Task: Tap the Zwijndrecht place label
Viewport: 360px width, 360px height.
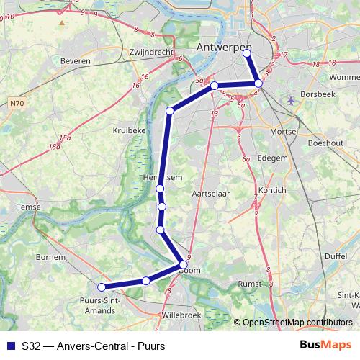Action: (x=153, y=53)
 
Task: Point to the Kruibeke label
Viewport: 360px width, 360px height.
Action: (x=130, y=130)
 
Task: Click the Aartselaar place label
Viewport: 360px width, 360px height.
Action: (x=211, y=194)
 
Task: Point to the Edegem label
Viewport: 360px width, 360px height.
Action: (x=273, y=157)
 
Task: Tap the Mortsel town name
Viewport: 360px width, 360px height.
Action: (x=281, y=132)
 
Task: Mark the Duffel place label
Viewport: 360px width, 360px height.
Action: (x=335, y=256)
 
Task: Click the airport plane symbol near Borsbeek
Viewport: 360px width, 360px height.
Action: (x=290, y=99)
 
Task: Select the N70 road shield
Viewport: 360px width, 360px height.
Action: (x=18, y=104)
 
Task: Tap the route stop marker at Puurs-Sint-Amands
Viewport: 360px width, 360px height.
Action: (x=102, y=287)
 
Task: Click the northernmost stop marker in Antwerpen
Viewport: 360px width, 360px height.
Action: (x=248, y=53)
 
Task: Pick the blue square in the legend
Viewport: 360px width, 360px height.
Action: (x=11, y=346)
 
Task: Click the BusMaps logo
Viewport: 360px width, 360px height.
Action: (x=325, y=346)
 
